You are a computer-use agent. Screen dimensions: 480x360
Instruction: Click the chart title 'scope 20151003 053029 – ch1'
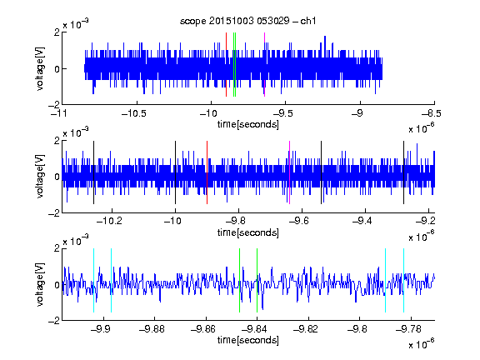tap(248, 21)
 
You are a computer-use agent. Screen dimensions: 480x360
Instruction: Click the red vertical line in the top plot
tap(226, 65)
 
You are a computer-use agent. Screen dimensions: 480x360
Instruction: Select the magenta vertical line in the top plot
tap(264, 65)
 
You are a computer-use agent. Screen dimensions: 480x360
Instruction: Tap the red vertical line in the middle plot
tap(207, 172)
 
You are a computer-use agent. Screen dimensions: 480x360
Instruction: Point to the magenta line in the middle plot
tap(290, 172)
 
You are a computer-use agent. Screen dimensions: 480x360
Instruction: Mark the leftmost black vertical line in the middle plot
tap(93, 172)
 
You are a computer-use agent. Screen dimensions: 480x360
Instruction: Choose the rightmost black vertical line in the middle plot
tap(403, 172)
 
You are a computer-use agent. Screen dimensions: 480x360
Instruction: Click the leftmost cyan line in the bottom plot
tap(93, 280)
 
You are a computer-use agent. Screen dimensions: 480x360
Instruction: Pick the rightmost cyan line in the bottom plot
tap(404, 280)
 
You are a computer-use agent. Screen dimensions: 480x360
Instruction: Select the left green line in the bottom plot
tap(239, 280)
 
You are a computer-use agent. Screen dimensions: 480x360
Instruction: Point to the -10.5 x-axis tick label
tap(134, 113)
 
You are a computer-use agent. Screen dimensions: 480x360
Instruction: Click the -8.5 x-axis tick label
tap(432, 113)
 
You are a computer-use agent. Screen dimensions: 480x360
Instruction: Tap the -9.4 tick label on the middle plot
tap(362, 221)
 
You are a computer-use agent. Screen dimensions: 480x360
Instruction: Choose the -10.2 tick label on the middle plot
tap(109, 221)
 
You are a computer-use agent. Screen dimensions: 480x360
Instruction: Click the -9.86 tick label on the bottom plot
tap(203, 329)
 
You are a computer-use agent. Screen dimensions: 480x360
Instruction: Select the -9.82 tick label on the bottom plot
tap(306, 329)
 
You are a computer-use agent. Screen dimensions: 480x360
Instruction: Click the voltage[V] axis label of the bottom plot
tap(40, 285)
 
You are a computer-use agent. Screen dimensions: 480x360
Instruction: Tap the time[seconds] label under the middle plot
tap(248, 232)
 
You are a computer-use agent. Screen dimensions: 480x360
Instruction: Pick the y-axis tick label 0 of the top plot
tap(57, 69)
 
